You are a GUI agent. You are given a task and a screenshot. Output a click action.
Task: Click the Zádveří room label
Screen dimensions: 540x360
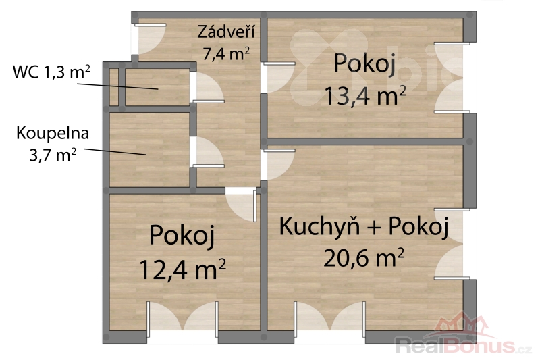[226, 32]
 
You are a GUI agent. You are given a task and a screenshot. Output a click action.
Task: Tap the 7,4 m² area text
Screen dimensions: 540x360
[226, 54]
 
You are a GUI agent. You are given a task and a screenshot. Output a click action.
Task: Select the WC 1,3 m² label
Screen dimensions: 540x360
[51, 72]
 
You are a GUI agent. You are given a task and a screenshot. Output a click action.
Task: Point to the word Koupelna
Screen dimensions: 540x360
[53, 133]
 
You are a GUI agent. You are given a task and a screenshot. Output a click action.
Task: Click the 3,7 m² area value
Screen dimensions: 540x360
[53, 155]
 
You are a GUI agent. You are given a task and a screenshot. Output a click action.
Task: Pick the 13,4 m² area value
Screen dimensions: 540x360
[365, 96]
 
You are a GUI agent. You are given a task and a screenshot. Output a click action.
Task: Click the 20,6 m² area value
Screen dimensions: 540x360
[363, 258]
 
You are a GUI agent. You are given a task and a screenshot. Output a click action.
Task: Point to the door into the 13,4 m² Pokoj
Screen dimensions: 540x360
[279, 78]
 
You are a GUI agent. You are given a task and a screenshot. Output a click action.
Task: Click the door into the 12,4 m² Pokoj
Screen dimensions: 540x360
[242, 205]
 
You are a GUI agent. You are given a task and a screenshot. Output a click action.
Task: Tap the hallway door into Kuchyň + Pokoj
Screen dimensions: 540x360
[279, 164]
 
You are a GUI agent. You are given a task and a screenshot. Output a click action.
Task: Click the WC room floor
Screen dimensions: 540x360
[157, 87]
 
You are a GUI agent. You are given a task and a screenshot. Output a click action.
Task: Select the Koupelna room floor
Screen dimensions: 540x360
[149, 150]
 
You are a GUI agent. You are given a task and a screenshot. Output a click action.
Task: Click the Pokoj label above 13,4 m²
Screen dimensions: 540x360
[364, 64]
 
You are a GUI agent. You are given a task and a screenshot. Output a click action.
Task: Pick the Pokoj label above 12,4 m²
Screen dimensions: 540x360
[182, 236]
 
